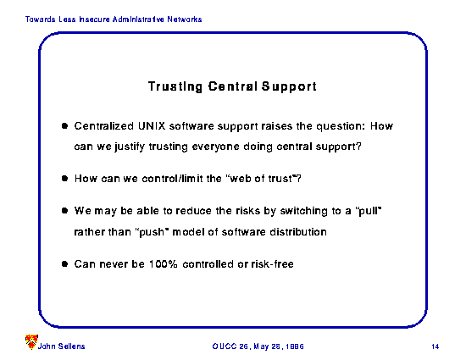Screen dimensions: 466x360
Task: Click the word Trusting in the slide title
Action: click(175, 86)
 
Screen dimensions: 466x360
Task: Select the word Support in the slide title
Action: click(289, 86)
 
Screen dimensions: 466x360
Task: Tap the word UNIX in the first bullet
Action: click(152, 126)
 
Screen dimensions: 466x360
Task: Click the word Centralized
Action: click(104, 126)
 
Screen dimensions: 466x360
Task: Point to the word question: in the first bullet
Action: click(341, 127)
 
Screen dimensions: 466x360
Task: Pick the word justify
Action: click(130, 147)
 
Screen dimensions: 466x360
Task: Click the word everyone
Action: click(215, 147)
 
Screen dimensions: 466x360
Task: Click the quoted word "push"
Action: click(153, 232)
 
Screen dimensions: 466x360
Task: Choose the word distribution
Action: click(298, 232)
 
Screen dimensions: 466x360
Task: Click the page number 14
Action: click(435, 346)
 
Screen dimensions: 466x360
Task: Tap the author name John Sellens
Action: click(61, 346)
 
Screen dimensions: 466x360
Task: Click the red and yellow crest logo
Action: click(31, 341)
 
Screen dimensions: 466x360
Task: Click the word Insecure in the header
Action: click(94, 19)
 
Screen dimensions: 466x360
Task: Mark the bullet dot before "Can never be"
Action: click(64, 263)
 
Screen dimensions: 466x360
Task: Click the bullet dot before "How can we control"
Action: click(64, 179)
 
